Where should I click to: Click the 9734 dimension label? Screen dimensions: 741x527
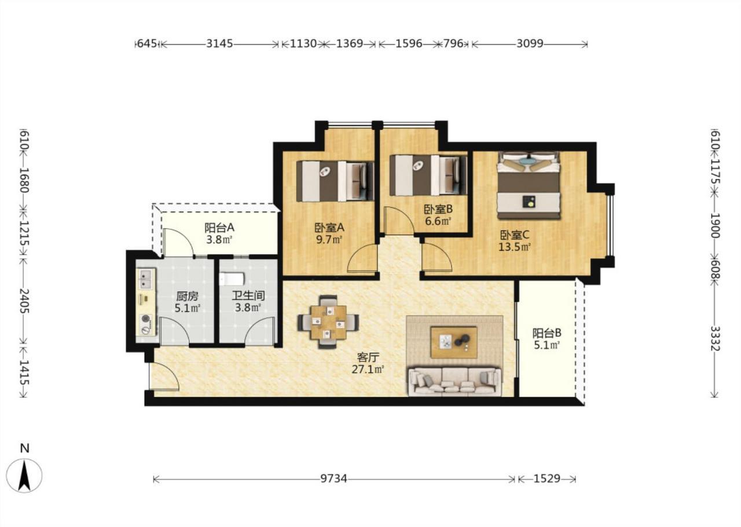pos(333,479)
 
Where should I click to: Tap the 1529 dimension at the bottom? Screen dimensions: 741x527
pos(547,479)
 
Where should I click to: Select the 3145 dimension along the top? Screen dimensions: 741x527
pos(219,43)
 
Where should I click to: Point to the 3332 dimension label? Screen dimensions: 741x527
pos(714,339)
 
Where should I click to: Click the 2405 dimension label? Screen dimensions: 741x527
pos(24,301)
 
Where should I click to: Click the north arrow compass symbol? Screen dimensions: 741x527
pos(24,475)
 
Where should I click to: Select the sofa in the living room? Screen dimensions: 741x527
pos(455,381)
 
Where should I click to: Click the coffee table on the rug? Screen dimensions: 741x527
pos(453,342)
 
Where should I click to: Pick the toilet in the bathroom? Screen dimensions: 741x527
pos(232,279)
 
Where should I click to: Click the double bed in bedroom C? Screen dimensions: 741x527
pos(529,185)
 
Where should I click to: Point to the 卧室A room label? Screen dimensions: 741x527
pos(329,228)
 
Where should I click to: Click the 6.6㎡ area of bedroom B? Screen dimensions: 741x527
pos(438,221)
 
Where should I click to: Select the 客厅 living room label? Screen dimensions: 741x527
pos(368,357)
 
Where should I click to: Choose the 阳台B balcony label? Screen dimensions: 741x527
pos(547,332)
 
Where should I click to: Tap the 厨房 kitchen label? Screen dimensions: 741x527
pos(188,295)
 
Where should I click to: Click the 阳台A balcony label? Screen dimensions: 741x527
pos(219,228)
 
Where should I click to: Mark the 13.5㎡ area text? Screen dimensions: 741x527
pos(515,247)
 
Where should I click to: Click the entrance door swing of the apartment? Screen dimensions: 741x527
pos(164,376)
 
